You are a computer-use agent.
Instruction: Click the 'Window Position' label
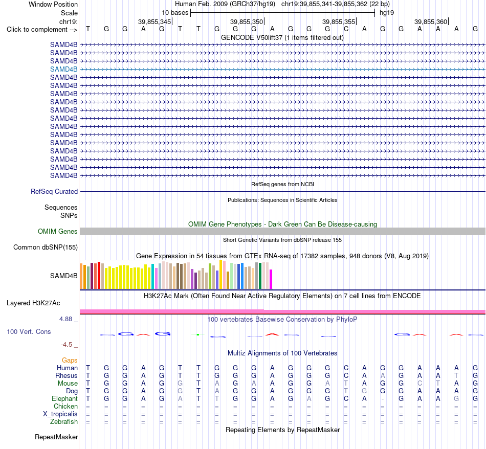point(53,4)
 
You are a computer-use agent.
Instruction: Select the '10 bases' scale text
point(175,13)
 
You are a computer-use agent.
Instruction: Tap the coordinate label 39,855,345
point(154,21)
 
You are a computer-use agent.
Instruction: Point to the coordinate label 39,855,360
point(431,21)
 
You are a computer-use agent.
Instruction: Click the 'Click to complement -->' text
point(42,30)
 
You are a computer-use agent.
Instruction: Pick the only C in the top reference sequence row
point(346,29)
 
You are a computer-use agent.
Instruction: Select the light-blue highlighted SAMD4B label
point(64,69)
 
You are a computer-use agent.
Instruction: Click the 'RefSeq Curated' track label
point(54,191)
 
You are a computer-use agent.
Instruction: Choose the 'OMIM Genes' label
point(58,232)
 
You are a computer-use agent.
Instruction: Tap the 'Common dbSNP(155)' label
point(46,248)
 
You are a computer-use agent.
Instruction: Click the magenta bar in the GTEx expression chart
point(271,279)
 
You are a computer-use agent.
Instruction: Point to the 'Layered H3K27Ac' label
point(33,303)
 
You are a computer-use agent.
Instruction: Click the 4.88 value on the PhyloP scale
point(65,319)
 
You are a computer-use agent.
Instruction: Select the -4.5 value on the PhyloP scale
point(67,345)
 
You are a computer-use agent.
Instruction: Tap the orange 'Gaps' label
point(70,360)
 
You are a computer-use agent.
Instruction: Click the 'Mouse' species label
point(68,384)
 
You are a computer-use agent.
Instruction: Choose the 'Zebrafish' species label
point(64,422)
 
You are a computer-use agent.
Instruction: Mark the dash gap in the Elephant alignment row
point(383,399)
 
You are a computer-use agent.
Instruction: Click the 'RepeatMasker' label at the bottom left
point(56,437)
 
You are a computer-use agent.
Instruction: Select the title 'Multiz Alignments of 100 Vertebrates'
point(282,353)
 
